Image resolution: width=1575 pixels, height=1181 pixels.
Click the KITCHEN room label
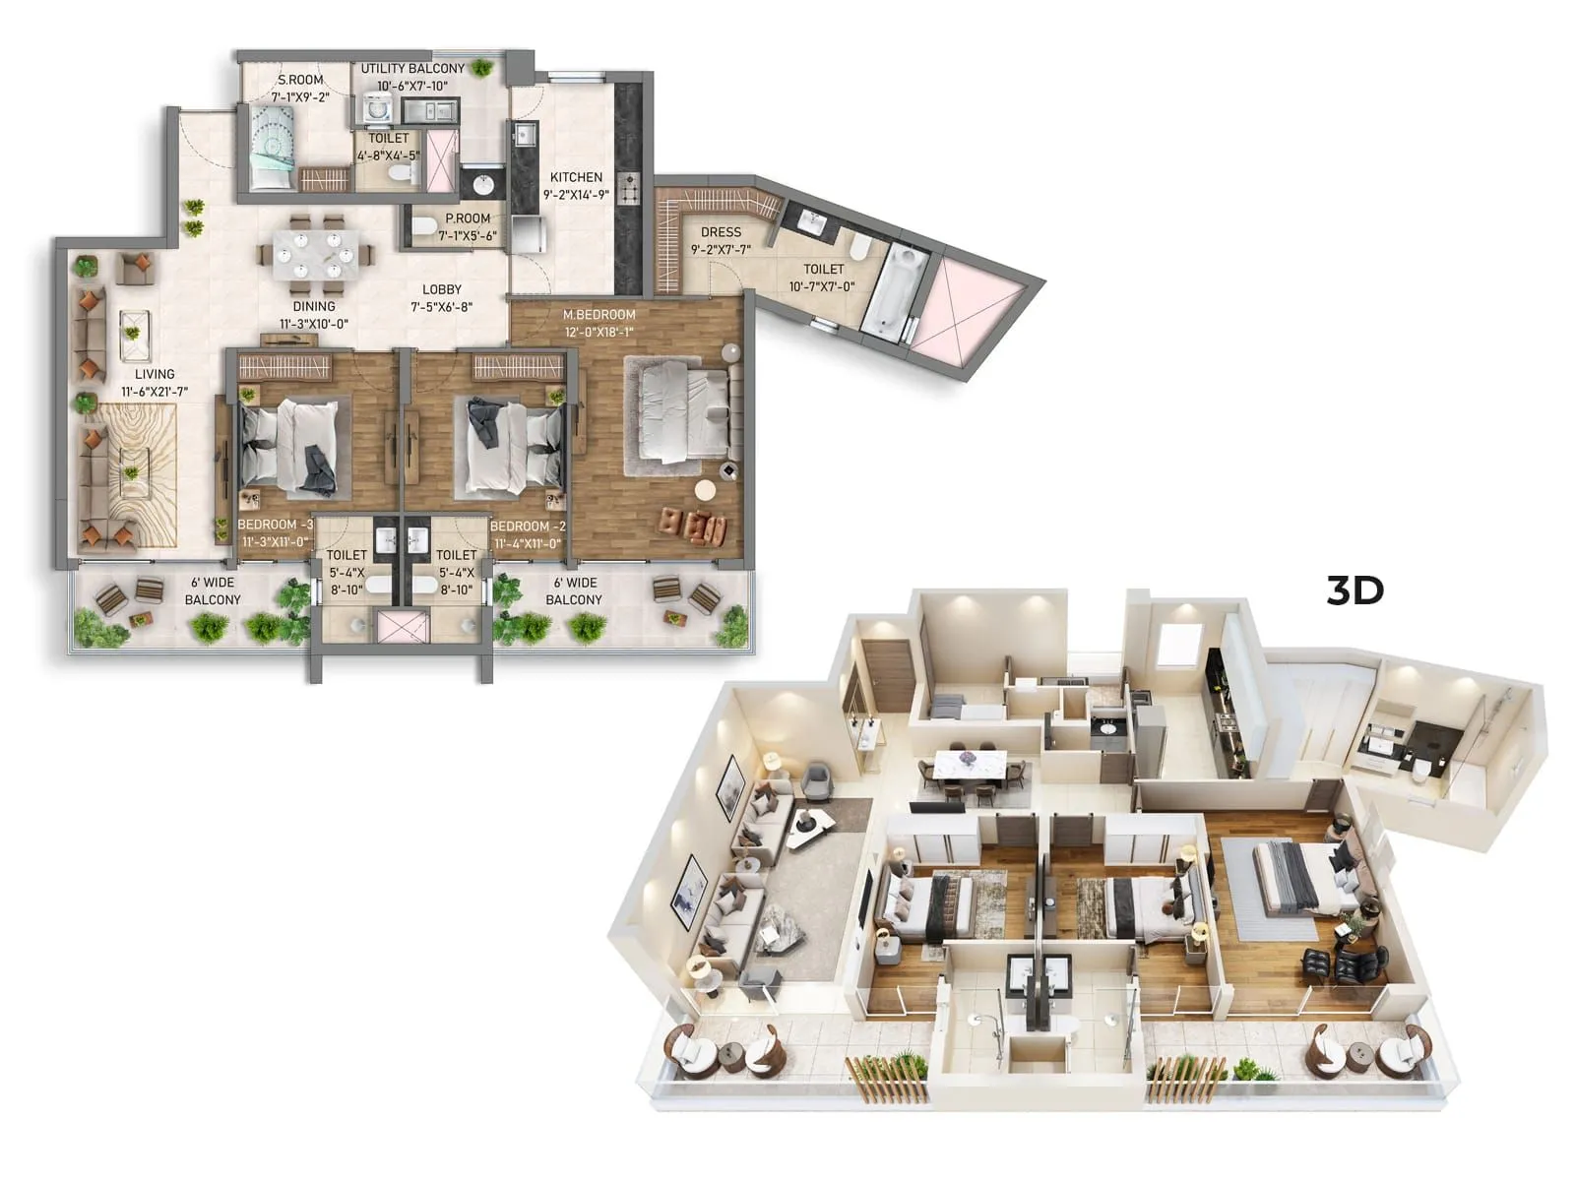(576, 177)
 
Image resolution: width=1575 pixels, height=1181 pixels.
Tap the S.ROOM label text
(300, 80)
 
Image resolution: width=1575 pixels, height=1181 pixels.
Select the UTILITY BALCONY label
(412, 69)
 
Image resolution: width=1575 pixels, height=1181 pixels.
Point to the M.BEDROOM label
(598, 315)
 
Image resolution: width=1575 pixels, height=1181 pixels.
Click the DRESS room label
(721, 232)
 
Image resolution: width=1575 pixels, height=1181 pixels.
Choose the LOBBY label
(442, 289)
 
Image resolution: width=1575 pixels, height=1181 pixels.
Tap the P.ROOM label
(468, 218)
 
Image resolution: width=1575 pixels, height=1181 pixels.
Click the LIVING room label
(155, 374)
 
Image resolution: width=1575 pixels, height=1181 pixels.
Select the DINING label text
(314, 307)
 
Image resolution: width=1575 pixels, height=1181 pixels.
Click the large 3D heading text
(1355, 590)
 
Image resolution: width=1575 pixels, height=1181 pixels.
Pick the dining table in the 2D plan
(316, 254)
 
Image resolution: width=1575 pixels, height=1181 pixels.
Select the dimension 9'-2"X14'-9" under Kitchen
(576, 195)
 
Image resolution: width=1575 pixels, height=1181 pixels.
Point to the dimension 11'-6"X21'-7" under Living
(155, 392)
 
